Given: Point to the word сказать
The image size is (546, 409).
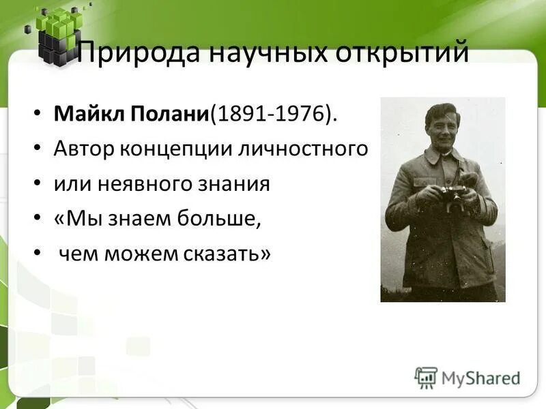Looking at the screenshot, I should pos(227,254).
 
